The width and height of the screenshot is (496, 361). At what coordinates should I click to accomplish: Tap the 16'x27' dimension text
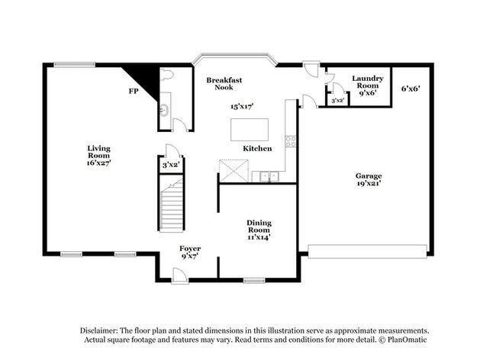(99, 162)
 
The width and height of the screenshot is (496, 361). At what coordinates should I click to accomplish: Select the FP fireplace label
(133, 92)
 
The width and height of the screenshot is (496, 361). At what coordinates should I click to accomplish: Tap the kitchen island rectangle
(250, 129)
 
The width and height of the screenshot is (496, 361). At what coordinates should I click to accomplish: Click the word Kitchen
(257, 148)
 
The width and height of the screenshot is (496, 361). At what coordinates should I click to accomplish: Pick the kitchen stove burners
(290, 141)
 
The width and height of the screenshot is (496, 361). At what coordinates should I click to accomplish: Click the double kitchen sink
(269, 177)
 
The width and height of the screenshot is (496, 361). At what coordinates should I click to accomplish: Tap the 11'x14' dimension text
(259, 237)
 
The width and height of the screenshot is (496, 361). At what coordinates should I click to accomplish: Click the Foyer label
(190, 249)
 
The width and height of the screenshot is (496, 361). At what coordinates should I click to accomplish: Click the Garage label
(369, 176)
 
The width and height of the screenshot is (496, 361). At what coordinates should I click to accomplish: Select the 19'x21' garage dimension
(369, 184)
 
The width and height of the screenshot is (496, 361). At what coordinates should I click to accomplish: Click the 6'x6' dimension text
(411, 89)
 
